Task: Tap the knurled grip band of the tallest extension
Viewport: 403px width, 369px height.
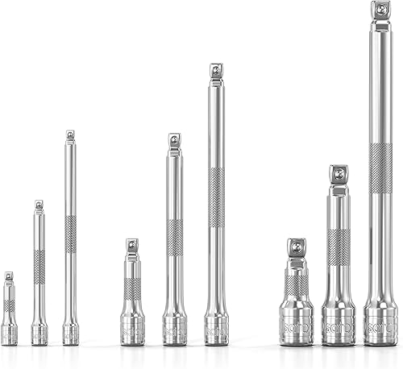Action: tap(380, 167)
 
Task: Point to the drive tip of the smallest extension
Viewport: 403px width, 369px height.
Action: tap(9, 276)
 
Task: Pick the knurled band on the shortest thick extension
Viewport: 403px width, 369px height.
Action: tap(297, 284)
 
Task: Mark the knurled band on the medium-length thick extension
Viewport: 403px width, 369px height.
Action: tap(339, 247)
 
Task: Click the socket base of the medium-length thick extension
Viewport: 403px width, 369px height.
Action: tap(339, 324)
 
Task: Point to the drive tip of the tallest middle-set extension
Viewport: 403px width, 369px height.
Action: tap(216, 71)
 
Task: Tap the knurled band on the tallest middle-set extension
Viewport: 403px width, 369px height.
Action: tap(216, 197)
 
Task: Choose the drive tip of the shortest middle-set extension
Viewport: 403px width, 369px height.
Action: tap(132, 245)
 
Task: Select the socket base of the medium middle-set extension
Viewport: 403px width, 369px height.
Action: tap(174, 330)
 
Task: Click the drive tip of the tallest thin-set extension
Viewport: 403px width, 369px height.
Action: tap(70, 135)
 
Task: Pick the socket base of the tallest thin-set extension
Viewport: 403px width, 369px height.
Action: tap(70, 334)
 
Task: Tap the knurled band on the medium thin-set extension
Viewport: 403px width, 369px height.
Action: tap(39, 266)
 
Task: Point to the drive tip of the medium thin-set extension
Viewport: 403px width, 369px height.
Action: tap(39, 205)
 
